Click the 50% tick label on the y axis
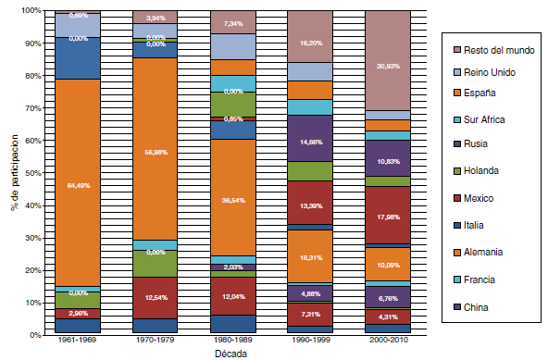click(31, 173)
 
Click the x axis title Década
click(233, 353)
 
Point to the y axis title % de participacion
click(11, 173)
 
